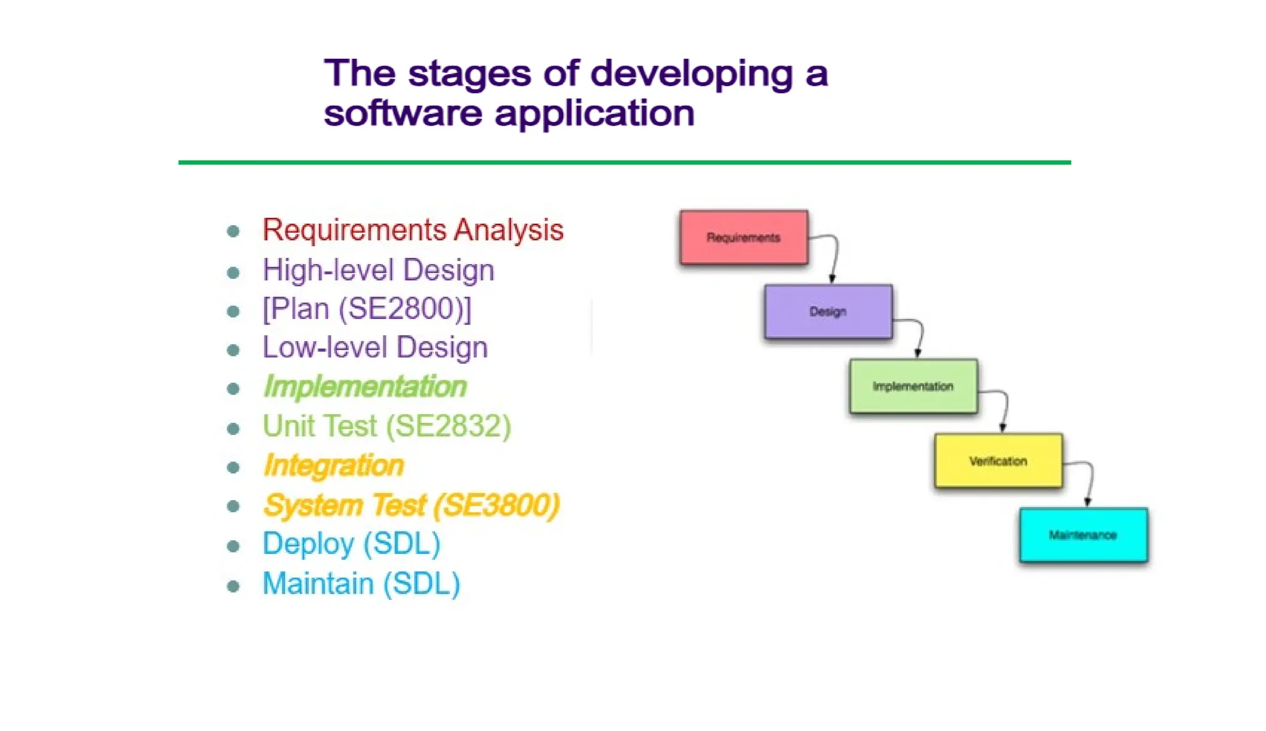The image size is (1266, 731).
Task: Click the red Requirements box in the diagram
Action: [x=743, y=237]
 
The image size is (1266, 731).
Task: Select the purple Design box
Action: [x=828, y=312]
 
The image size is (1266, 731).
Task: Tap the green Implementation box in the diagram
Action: [x=913, y=387]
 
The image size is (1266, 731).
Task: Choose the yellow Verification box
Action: [x=998, y=461]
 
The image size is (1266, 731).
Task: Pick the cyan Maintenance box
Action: [x=1083, y=535]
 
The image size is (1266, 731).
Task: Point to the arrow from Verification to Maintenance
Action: [x=1090, y=482]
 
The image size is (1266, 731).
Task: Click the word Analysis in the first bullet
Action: [x=508, y=230]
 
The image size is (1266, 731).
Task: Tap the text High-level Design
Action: [x=378, y=270]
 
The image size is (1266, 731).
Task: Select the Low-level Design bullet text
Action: [x=375, y=348]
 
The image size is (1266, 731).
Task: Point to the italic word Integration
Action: [x=333, y=466]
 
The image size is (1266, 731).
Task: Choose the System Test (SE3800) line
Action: [x=411, y=505]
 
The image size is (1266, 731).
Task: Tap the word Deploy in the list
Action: [x=308, y=544]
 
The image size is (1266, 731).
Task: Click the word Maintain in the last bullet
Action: [x=318, y=584]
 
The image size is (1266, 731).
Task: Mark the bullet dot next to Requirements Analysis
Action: [x=233, y=232]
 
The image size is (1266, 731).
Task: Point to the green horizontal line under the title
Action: [x=624, y=163]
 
